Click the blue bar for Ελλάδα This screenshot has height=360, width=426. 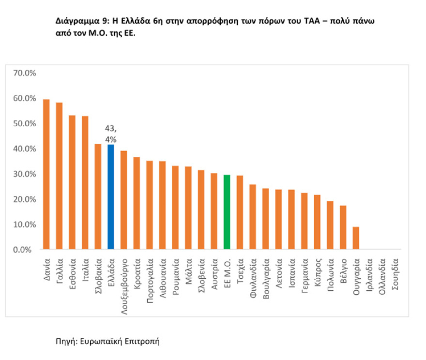point(110,197)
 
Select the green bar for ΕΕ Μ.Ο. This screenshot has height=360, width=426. point(227,212)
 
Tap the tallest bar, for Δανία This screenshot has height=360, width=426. point(46,175)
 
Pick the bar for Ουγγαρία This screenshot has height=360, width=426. point(356,238)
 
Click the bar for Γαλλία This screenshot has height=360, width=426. point(59,176)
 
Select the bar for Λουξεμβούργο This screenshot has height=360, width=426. point(123,200)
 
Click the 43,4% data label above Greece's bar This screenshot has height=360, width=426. point(110,134)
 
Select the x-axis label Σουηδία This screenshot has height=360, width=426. point(395,274)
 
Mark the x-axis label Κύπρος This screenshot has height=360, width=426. point(317,272)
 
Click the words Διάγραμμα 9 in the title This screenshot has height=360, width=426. point(82,22)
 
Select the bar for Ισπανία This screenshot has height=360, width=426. point(291,220)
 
